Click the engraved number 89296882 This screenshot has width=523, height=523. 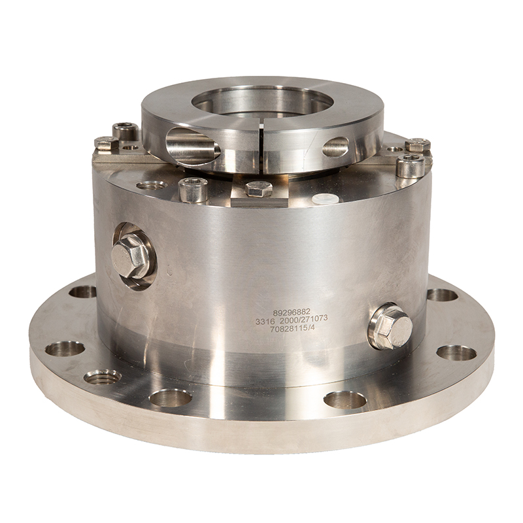[x=292, y=312]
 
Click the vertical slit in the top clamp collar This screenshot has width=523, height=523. [x=261, y=148]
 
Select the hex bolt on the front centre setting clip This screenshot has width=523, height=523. [x=259, y=189]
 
